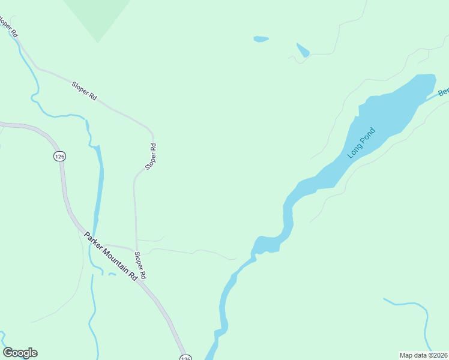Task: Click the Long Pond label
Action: (x=361, y=143)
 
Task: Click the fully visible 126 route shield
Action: (x=59, y=156)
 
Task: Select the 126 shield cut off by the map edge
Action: (x=185, y=357)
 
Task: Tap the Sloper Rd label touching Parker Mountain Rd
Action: (x=140, y=265)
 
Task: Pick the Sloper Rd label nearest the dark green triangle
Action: (x=84, y=91)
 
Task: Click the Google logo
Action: (x=20, y=353)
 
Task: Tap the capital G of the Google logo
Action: (x=8, y=353)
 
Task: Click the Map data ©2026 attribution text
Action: (x=423, y=355)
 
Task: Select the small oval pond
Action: (x=261, y=40)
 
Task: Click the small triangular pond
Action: (x=303, y=50)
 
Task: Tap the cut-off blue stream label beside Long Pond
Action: (x=443, y=92)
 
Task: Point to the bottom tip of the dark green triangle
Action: (x=98, y=43)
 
